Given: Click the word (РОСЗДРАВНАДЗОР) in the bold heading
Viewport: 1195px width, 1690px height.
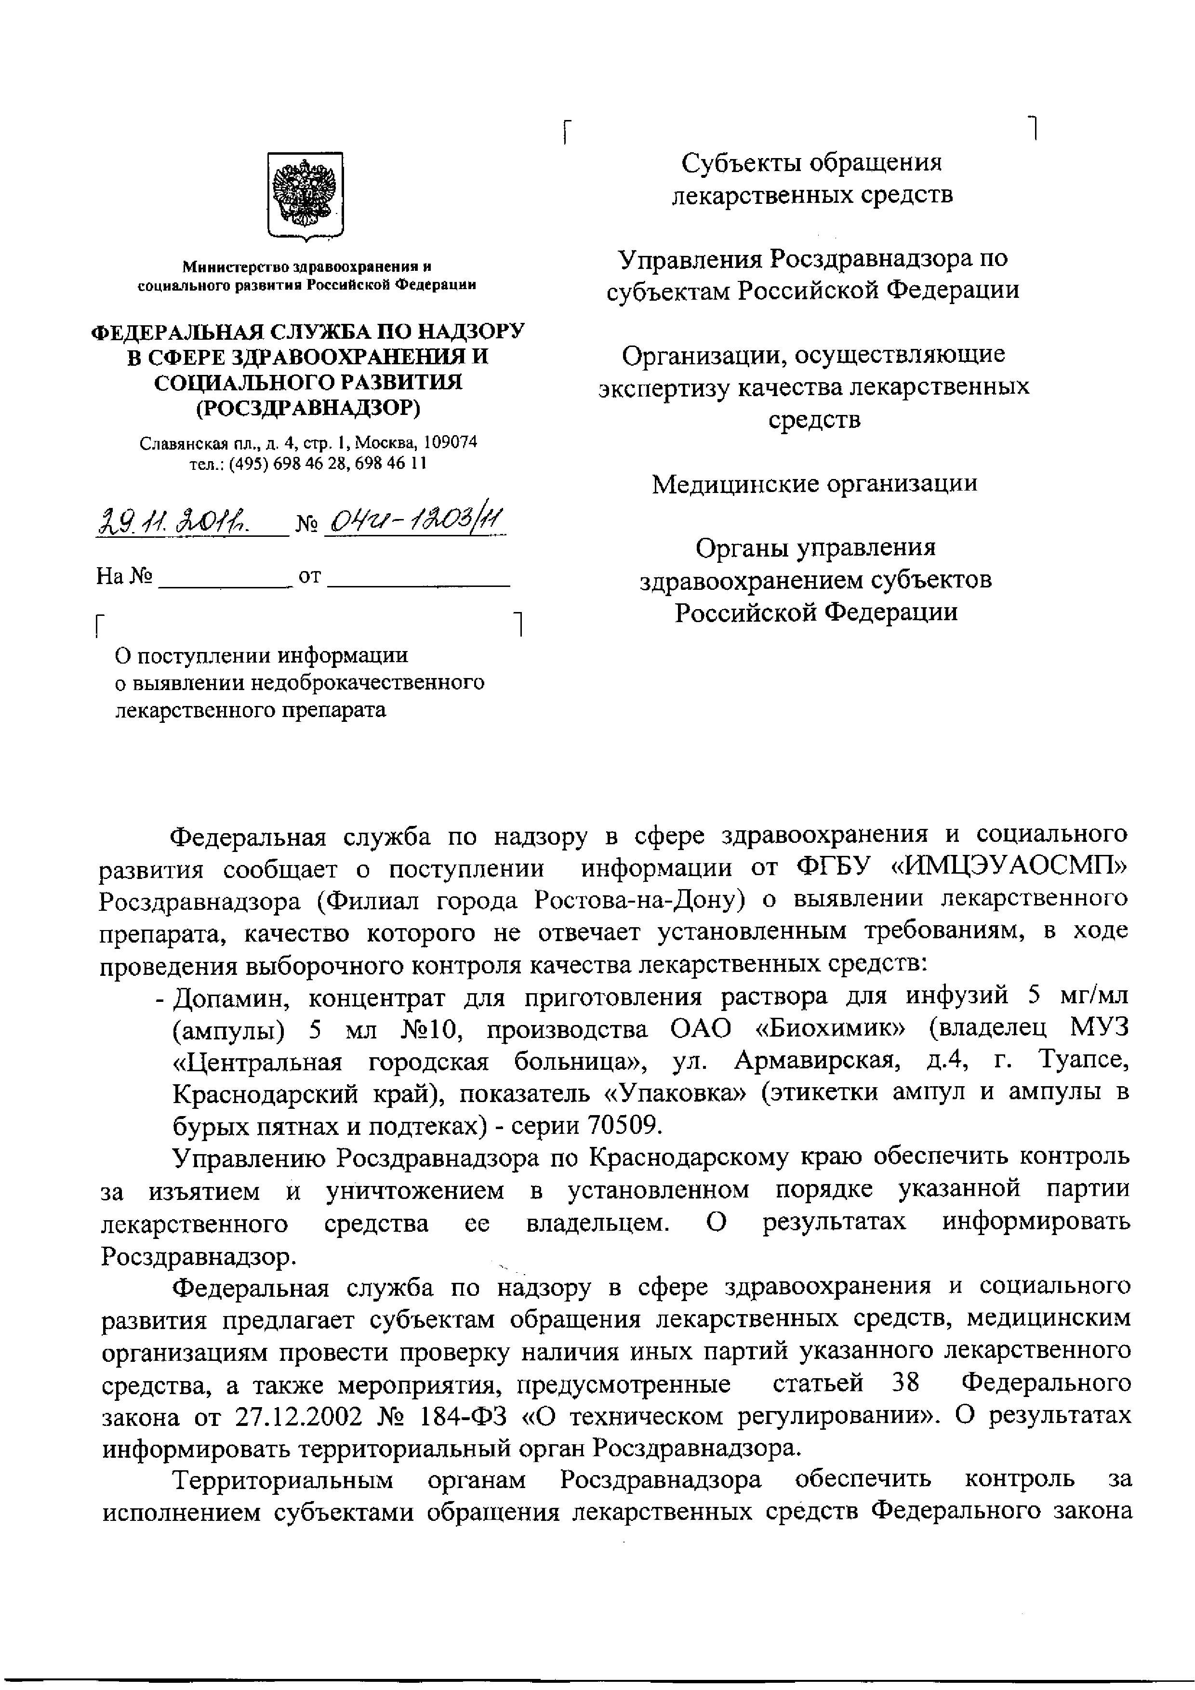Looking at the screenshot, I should tap(307, 407).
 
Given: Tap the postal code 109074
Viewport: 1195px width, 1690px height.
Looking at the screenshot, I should tap(450, 442).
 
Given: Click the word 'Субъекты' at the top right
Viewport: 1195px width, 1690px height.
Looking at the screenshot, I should tap(740, 163).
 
